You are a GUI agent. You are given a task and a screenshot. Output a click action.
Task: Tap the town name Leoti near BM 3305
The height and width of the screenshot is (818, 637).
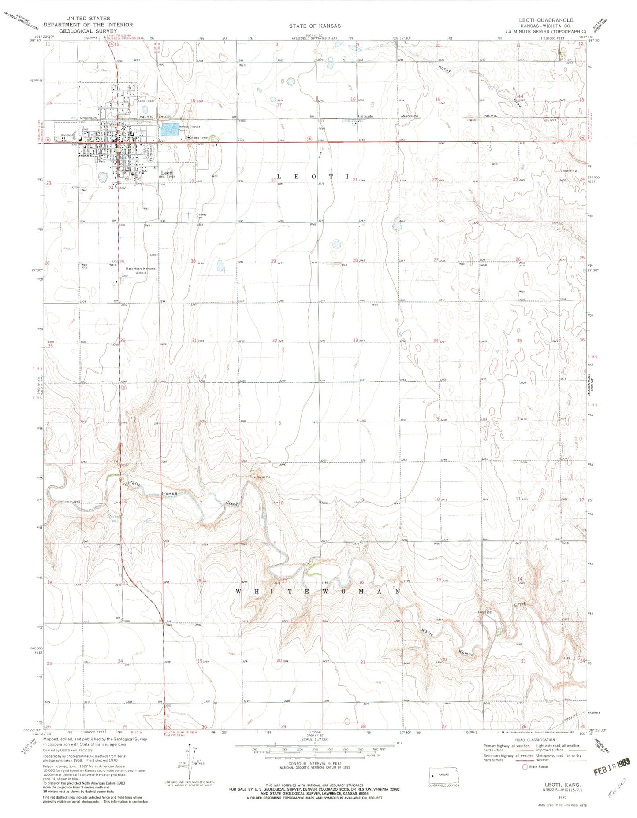click(166, 173)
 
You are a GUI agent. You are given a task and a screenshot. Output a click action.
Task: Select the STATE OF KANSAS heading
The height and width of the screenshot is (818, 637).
click(315, 26)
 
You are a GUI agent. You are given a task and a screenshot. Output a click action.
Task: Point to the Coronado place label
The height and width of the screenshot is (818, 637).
click(365, 116)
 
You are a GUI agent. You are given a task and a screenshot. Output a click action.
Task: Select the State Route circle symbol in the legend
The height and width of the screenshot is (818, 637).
click(525, 766)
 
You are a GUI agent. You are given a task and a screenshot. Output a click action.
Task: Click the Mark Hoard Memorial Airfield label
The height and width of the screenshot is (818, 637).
click(141, 270)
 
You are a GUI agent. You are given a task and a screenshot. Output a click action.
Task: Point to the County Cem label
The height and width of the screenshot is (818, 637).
click(201, 216)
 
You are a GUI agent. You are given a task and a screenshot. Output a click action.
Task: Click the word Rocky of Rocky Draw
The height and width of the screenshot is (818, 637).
click(444, 69)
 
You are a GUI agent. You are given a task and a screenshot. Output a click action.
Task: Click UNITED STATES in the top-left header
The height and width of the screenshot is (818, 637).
click(88, 19)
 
